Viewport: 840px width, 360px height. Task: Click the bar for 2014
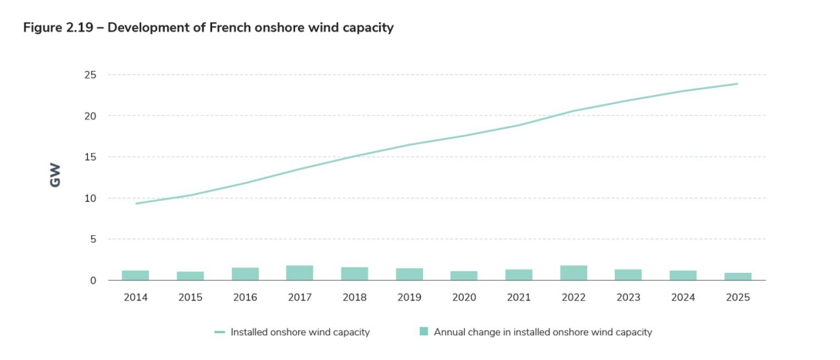coord(135,275)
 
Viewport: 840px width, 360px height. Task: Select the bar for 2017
coord(300,273)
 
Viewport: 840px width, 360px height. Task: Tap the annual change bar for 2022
coord(573,273)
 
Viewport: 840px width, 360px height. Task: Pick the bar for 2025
coord(738,277)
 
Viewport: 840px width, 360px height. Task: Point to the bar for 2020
coord(464,276)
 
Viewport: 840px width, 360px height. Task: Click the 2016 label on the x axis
coord(245,297)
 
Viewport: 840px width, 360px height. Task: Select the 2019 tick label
coord(409,297)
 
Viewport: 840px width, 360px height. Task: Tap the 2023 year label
coord(628,297)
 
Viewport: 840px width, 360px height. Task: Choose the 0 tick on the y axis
coord(92,281)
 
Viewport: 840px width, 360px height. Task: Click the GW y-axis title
coord(55,175)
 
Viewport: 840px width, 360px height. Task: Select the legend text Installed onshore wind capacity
coord(300,332)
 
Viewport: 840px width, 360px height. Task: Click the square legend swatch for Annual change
coord(423,331)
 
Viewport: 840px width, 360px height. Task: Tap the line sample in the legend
coord(220,332)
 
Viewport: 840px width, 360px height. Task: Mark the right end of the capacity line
coord(738,84)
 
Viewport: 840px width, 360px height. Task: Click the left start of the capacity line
coord(136,204)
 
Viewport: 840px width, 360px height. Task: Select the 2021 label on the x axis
coord(519,297)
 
